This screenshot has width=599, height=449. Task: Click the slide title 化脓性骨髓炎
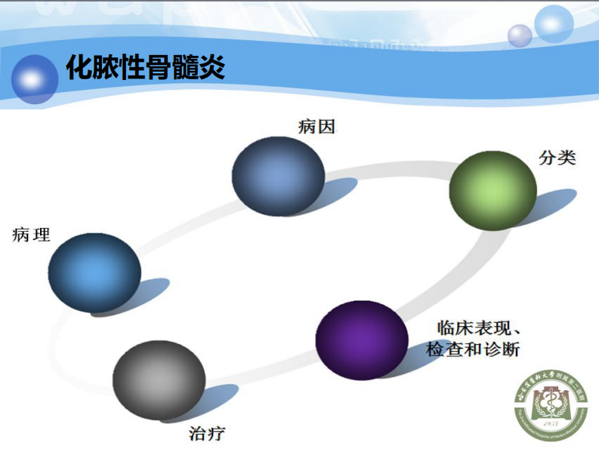pyautogui.click(x=145, y=68)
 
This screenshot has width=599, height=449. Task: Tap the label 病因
pyautogui.click(x=316, y=126)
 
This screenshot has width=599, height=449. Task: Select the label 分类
pyautogui.click(x=557, y=158)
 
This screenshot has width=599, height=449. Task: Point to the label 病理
pyautogui.click(x=32, y=235)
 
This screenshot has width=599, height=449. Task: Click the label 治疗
pyautogui.click(x=206, y=433)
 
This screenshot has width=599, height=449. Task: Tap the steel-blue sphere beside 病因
pyautogui.click(x=278, y=177)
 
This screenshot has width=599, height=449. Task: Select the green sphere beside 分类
pyautogui.click(x=492, y=190)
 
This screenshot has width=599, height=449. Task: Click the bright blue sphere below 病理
pyautogui.click(x=94, y=272)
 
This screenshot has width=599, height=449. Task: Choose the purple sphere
pyautogui.click(x=361, y=340)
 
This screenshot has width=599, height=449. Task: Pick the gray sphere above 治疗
pyautogui.click(x=159, y=380)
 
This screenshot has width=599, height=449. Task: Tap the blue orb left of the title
pyautogui.click(x=34, y=78)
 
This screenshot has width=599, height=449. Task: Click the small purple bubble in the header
pyautogui.click(x=520, y=35)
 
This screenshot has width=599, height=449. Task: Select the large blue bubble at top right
pyautogui.click(x=554, y=23)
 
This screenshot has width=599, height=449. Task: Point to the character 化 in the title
pyautogui.click(x=79, y=68)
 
